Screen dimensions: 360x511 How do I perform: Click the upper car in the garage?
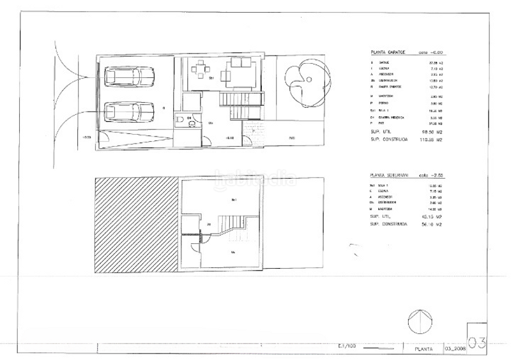click(x=128, y=77)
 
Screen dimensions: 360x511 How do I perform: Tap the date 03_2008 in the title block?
click(x=455, y=349)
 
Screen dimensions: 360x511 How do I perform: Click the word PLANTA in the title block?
click(x=424, y=349)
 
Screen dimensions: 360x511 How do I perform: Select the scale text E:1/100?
click(x=348, y=346)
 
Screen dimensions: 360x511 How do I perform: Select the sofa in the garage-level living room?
click(x=241, y=64)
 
